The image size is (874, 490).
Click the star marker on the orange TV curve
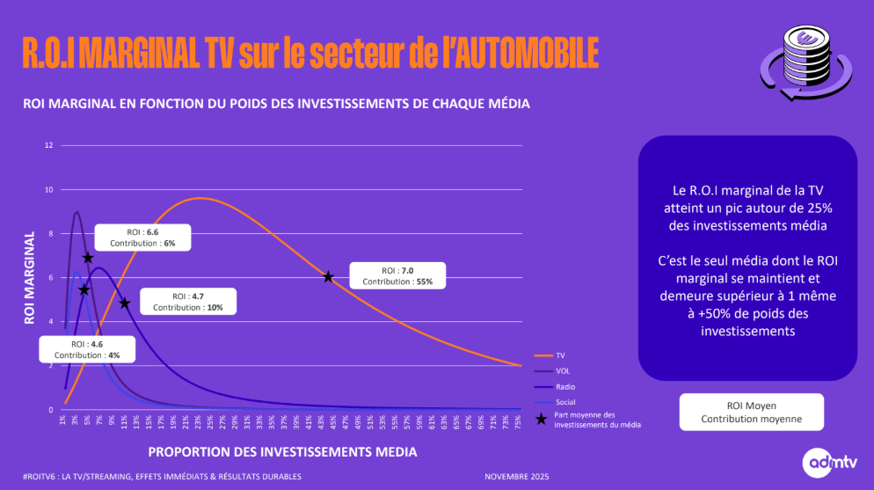click(x=328, y=276)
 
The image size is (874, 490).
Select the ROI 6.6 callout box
click(x=141, y=237)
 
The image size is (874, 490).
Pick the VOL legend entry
click(x=551, y=371)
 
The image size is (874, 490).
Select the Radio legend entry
click(x=553, y=386)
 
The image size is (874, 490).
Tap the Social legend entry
click(x=553, y=402)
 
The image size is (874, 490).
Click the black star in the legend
click(x=541, y=420)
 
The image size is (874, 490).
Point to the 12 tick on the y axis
click(x=49, y=144)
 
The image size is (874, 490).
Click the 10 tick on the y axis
click(x=49, y=189)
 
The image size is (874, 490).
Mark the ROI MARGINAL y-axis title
click(x=29, y=277)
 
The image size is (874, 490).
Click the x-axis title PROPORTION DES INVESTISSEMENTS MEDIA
click(x=282, y=451)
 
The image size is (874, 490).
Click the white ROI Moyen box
click(x=751, y=412)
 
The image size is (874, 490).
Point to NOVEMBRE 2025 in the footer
click(x=516, y=477)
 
